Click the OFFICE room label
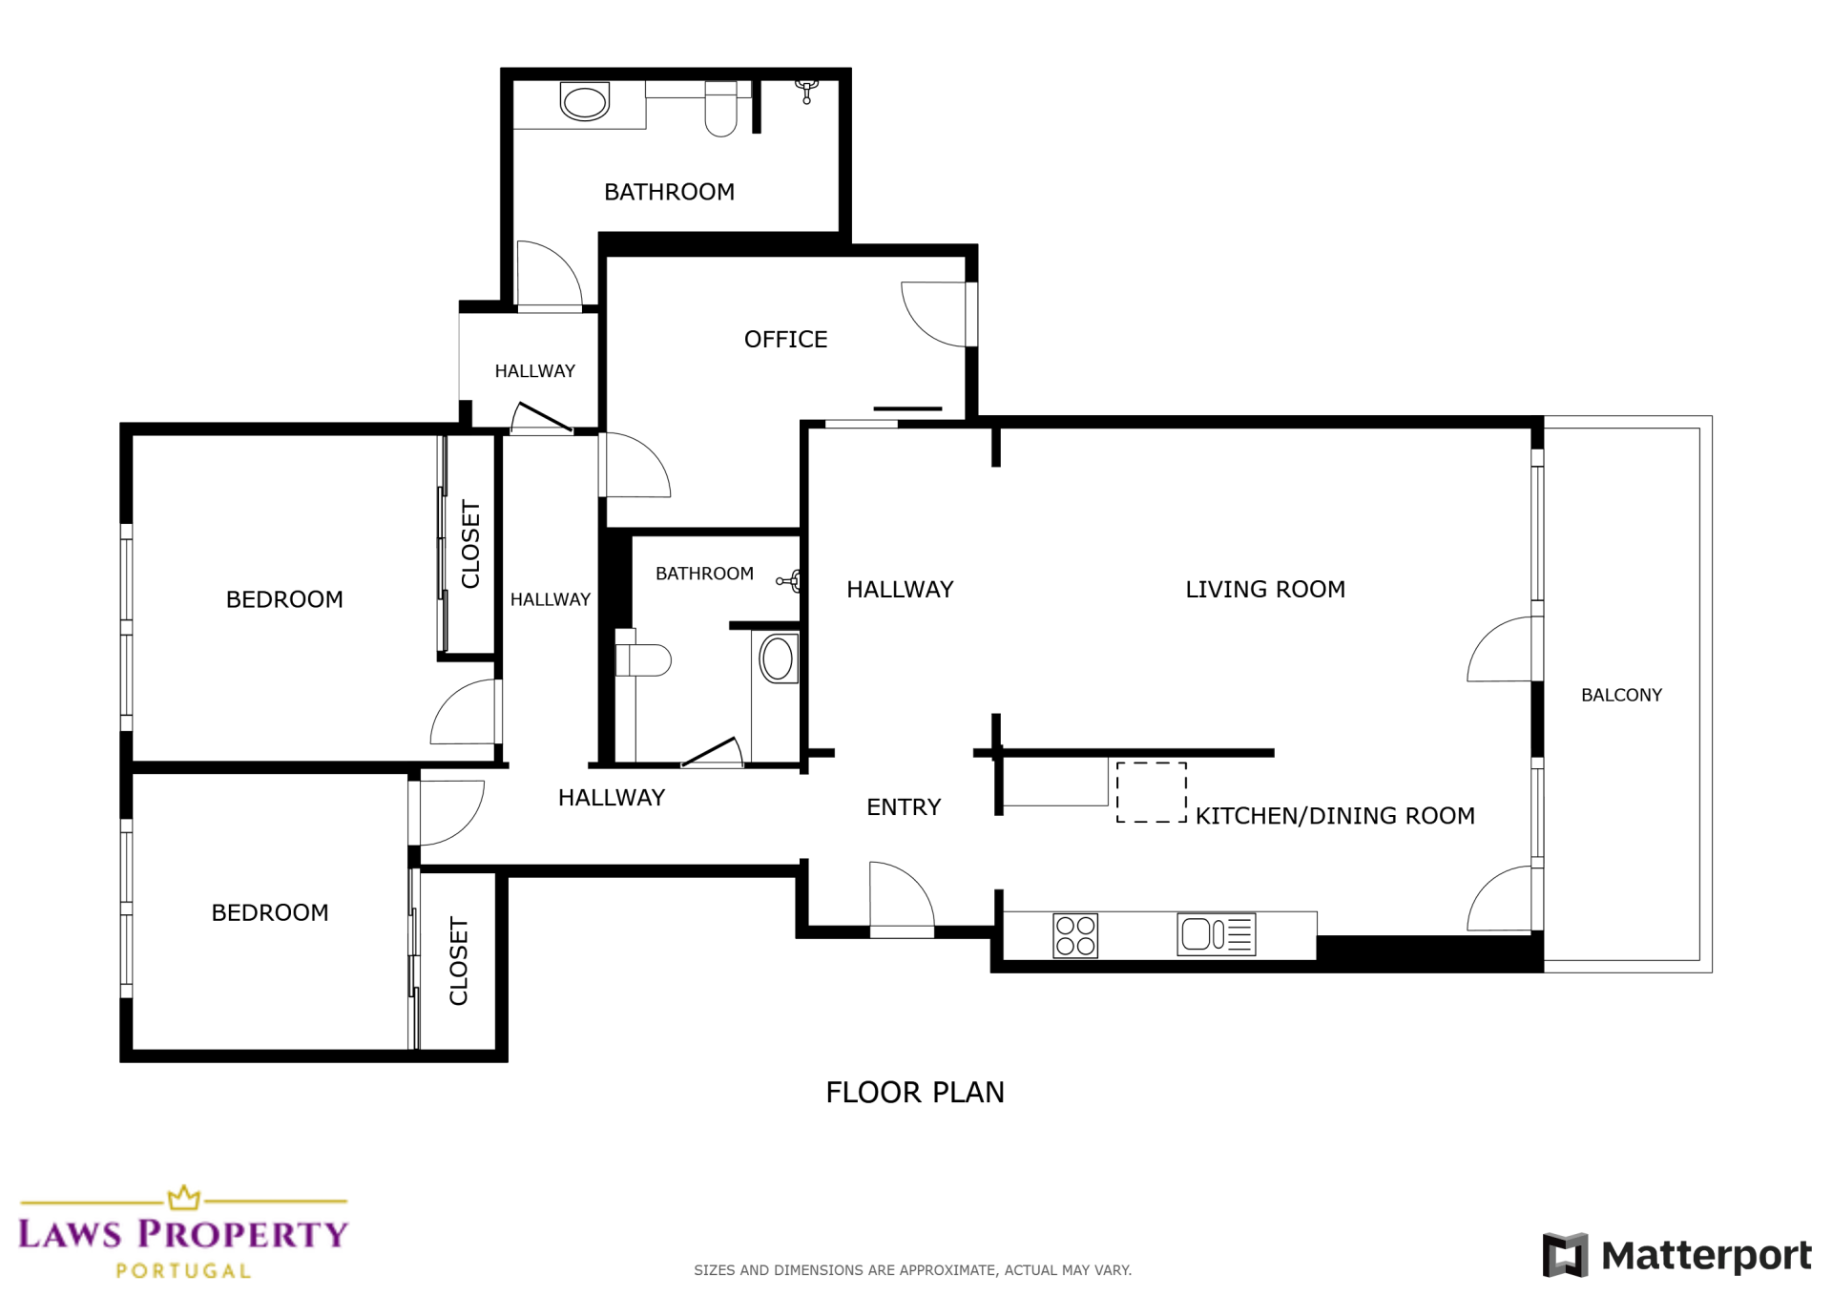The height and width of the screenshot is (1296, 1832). coord(785,340)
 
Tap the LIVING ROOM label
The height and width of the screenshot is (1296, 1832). coord(1265,590)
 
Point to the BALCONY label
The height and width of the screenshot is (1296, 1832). coord(1621,696)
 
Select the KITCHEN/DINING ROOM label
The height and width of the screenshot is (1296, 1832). coord(1335,816)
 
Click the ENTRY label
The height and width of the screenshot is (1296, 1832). coord(904,807)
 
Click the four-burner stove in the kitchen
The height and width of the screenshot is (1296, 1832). coord(1075,935)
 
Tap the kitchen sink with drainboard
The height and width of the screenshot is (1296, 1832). coord(1217,934)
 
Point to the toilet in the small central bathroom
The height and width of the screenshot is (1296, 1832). coord(644,659)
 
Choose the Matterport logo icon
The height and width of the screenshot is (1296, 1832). coord(1565,1254)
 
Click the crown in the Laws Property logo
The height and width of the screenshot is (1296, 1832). coord(184,1198)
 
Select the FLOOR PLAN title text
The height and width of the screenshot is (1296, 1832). coord(915,1093)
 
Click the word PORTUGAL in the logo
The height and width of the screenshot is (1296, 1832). coord(183,1271)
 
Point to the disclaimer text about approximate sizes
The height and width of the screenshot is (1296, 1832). coord(912,1270)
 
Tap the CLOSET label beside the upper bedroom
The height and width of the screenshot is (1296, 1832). coord(470,544)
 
